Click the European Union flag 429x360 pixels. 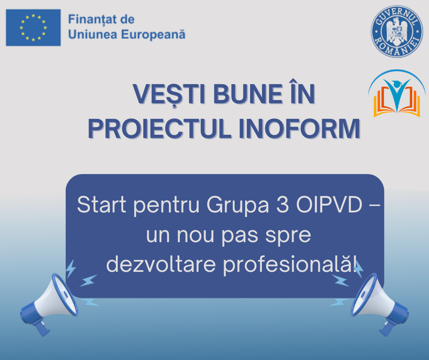click(x=33, y=27)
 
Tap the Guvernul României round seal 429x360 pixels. click(x=397, y=32)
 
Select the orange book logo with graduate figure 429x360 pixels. click(x=397, y=94)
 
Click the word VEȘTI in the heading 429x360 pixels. click(x=169, y=94)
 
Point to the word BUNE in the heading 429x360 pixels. click(x=248, y=94)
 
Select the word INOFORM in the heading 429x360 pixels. click(x=299, y=128)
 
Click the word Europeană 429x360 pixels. click(x=153, y=35)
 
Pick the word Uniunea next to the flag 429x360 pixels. click(x=93, y=35)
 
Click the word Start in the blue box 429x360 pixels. click(x=101, y=204)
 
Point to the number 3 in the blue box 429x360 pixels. click(x=283, y=204)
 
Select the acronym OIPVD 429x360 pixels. click(x=329, y=204)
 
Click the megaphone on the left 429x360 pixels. click(x=49, y=304)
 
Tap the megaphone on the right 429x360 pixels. click(x=379, y=304)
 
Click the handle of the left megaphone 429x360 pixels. click(x=42, y=328)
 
